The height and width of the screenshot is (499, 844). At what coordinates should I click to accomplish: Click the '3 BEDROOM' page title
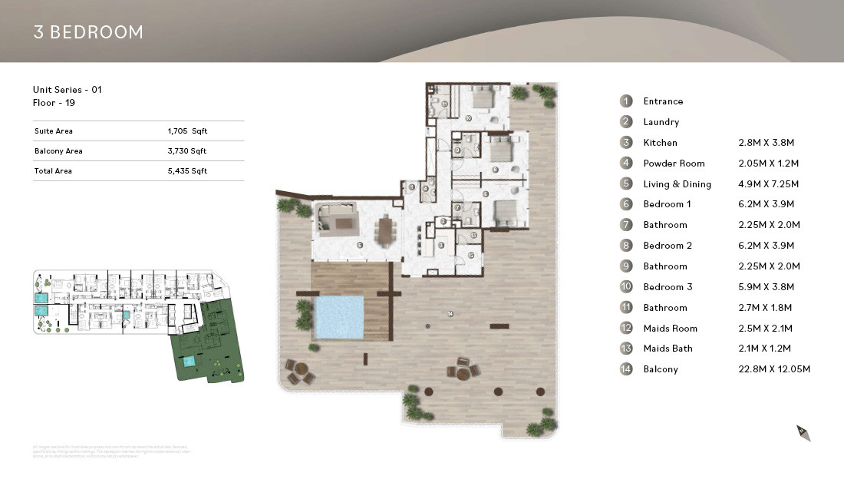tap(88, 32)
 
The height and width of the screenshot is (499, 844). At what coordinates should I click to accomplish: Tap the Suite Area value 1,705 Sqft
tap(187, 131)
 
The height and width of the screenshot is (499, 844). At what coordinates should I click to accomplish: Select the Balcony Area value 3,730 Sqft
tap(187, 151)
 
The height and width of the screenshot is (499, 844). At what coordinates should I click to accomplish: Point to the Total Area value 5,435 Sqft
tap(187, 171)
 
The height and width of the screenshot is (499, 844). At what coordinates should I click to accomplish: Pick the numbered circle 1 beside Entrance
tap(627, 101)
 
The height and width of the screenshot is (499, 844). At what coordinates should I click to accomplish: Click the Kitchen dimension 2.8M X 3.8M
tap(765, 143)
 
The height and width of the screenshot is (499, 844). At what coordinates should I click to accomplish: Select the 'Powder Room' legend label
tap(674, 164)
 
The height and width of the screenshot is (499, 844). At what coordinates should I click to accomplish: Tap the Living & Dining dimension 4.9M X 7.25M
tap(768, 184)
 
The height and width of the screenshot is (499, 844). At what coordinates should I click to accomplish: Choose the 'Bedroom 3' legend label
tap(668, 287)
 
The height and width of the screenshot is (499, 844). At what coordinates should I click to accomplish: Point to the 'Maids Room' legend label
tap(671, 329)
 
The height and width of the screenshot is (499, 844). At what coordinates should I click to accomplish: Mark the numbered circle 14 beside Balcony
tap(627, 369)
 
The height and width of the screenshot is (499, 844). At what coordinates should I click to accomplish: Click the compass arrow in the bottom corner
tap(803, 433)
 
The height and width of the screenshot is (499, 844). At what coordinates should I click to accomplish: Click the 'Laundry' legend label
tap(661, 122)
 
